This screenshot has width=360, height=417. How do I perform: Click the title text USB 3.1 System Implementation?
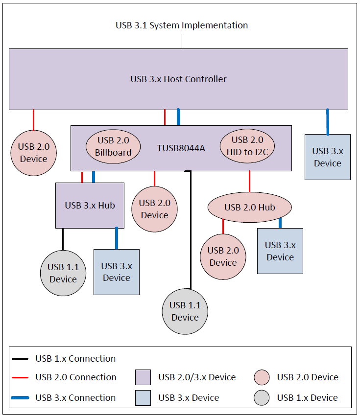pos(182,25)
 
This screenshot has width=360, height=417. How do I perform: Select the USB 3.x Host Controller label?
pos(178,79)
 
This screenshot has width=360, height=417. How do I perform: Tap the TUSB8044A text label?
pos(181,147)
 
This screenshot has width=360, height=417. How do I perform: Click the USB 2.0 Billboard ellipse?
pos(113,146)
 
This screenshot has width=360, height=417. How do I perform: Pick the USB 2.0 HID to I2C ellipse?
pos(247,146)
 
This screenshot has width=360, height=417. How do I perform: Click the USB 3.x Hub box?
pos(90,206)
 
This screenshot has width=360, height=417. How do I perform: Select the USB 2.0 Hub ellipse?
pos(250,208)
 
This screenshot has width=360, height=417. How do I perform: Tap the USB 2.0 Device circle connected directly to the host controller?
pos(33,153)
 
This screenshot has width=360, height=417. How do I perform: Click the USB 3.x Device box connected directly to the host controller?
pos(327,157)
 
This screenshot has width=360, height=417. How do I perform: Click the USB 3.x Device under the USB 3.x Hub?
pos(117,272)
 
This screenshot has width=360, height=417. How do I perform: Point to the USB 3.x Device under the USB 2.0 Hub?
pos(280,251)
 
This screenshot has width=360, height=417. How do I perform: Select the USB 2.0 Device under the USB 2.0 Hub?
pos(223,256)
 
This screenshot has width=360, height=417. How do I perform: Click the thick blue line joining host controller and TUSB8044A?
pos(178,117)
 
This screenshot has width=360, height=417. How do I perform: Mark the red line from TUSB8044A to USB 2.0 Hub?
pos(249,182)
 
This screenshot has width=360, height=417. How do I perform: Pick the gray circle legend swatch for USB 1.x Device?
pos(262,398)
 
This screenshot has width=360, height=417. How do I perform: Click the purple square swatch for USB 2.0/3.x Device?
pos(143,377)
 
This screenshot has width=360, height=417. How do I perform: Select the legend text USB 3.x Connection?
pos(75,398)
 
